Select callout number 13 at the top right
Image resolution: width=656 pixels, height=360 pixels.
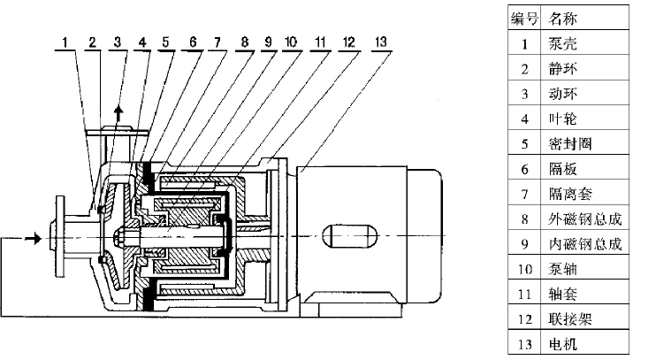coord(381,41)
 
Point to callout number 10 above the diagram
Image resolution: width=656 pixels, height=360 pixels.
coord(292,41)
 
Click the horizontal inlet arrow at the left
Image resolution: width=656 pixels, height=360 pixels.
coord(32,237)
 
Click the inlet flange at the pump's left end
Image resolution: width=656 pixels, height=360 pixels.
coord(57,236)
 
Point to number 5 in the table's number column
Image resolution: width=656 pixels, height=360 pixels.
coord(524,142)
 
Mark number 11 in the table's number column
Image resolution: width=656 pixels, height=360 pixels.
coord(524,291)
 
